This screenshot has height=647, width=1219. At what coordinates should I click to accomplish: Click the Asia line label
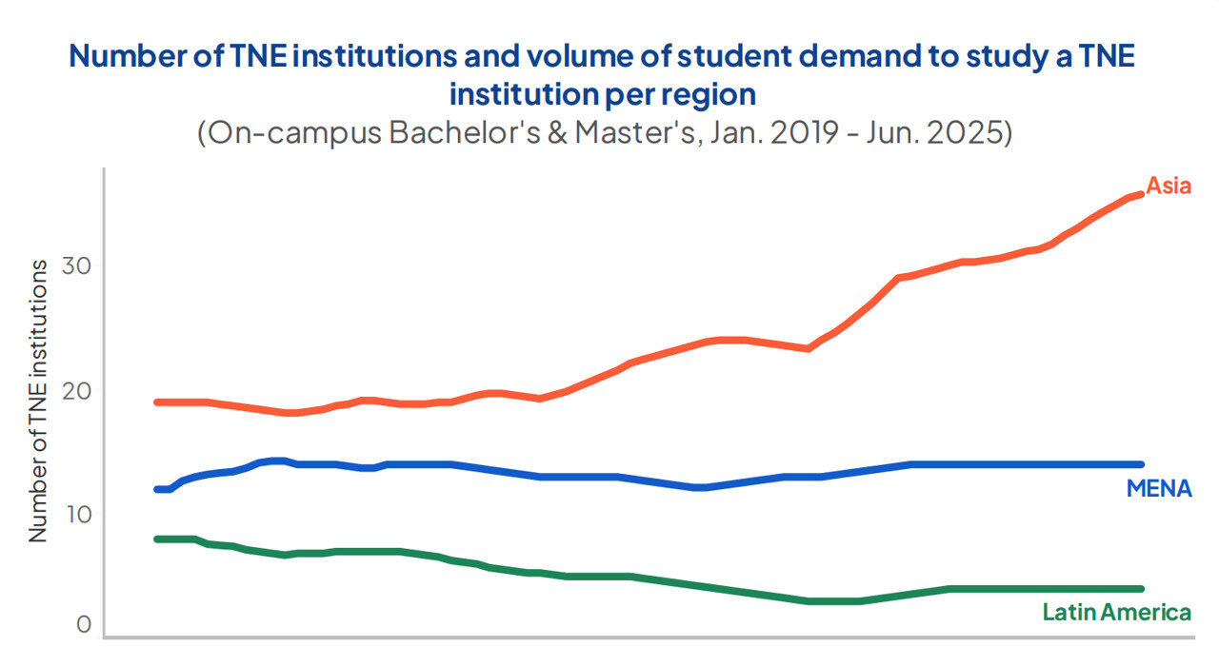(x=1169, y=186)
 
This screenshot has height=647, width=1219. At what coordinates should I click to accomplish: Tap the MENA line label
(x=1158, y=489)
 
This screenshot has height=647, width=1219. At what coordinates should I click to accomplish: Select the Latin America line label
(x=1116, y=612)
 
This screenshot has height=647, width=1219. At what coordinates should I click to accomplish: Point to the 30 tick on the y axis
(x=77, y=265)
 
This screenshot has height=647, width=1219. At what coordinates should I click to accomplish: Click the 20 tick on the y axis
(x=77, y=390)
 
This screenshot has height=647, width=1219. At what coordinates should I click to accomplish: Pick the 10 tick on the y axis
(x=77, y=515)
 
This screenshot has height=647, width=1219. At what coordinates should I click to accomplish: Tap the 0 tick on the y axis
(x=83, y=625)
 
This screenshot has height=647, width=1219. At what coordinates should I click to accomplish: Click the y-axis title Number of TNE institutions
(x=38, y=400)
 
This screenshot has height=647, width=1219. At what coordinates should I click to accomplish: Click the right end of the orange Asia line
(x=1141, y=194)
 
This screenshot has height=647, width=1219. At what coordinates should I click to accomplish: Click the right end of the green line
(x=1141, y=589)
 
